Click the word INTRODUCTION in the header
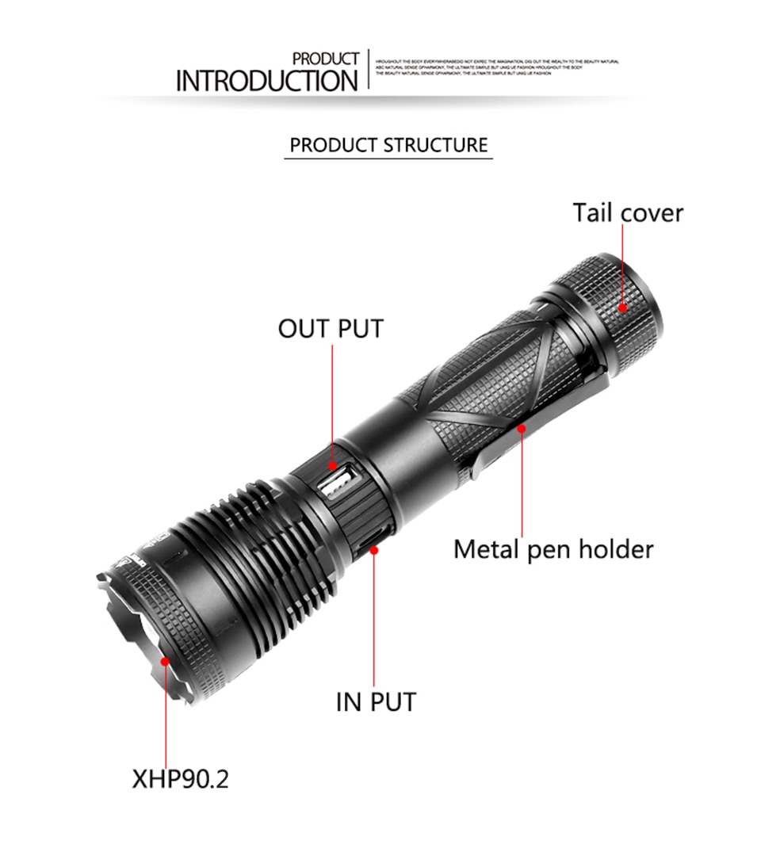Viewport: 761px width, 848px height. [266, 81]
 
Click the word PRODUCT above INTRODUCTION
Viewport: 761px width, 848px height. [325, 59]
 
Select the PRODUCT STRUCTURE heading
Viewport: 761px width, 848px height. [388, 145]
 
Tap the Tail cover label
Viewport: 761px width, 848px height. [628, 213]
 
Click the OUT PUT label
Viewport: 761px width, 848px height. [331, 328]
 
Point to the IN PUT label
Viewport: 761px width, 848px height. [376, 701]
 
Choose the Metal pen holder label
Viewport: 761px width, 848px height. [553, 549]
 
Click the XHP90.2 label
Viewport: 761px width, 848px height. [180, 778]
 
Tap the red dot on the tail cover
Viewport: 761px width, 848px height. [623, 308]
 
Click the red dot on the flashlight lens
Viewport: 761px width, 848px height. [166, 659]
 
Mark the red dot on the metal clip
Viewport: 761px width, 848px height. [522, 429]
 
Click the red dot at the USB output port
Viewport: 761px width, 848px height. [332, 468]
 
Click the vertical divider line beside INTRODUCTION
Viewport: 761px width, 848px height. [369, 69]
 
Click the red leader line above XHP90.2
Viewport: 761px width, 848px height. [166, 713]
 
